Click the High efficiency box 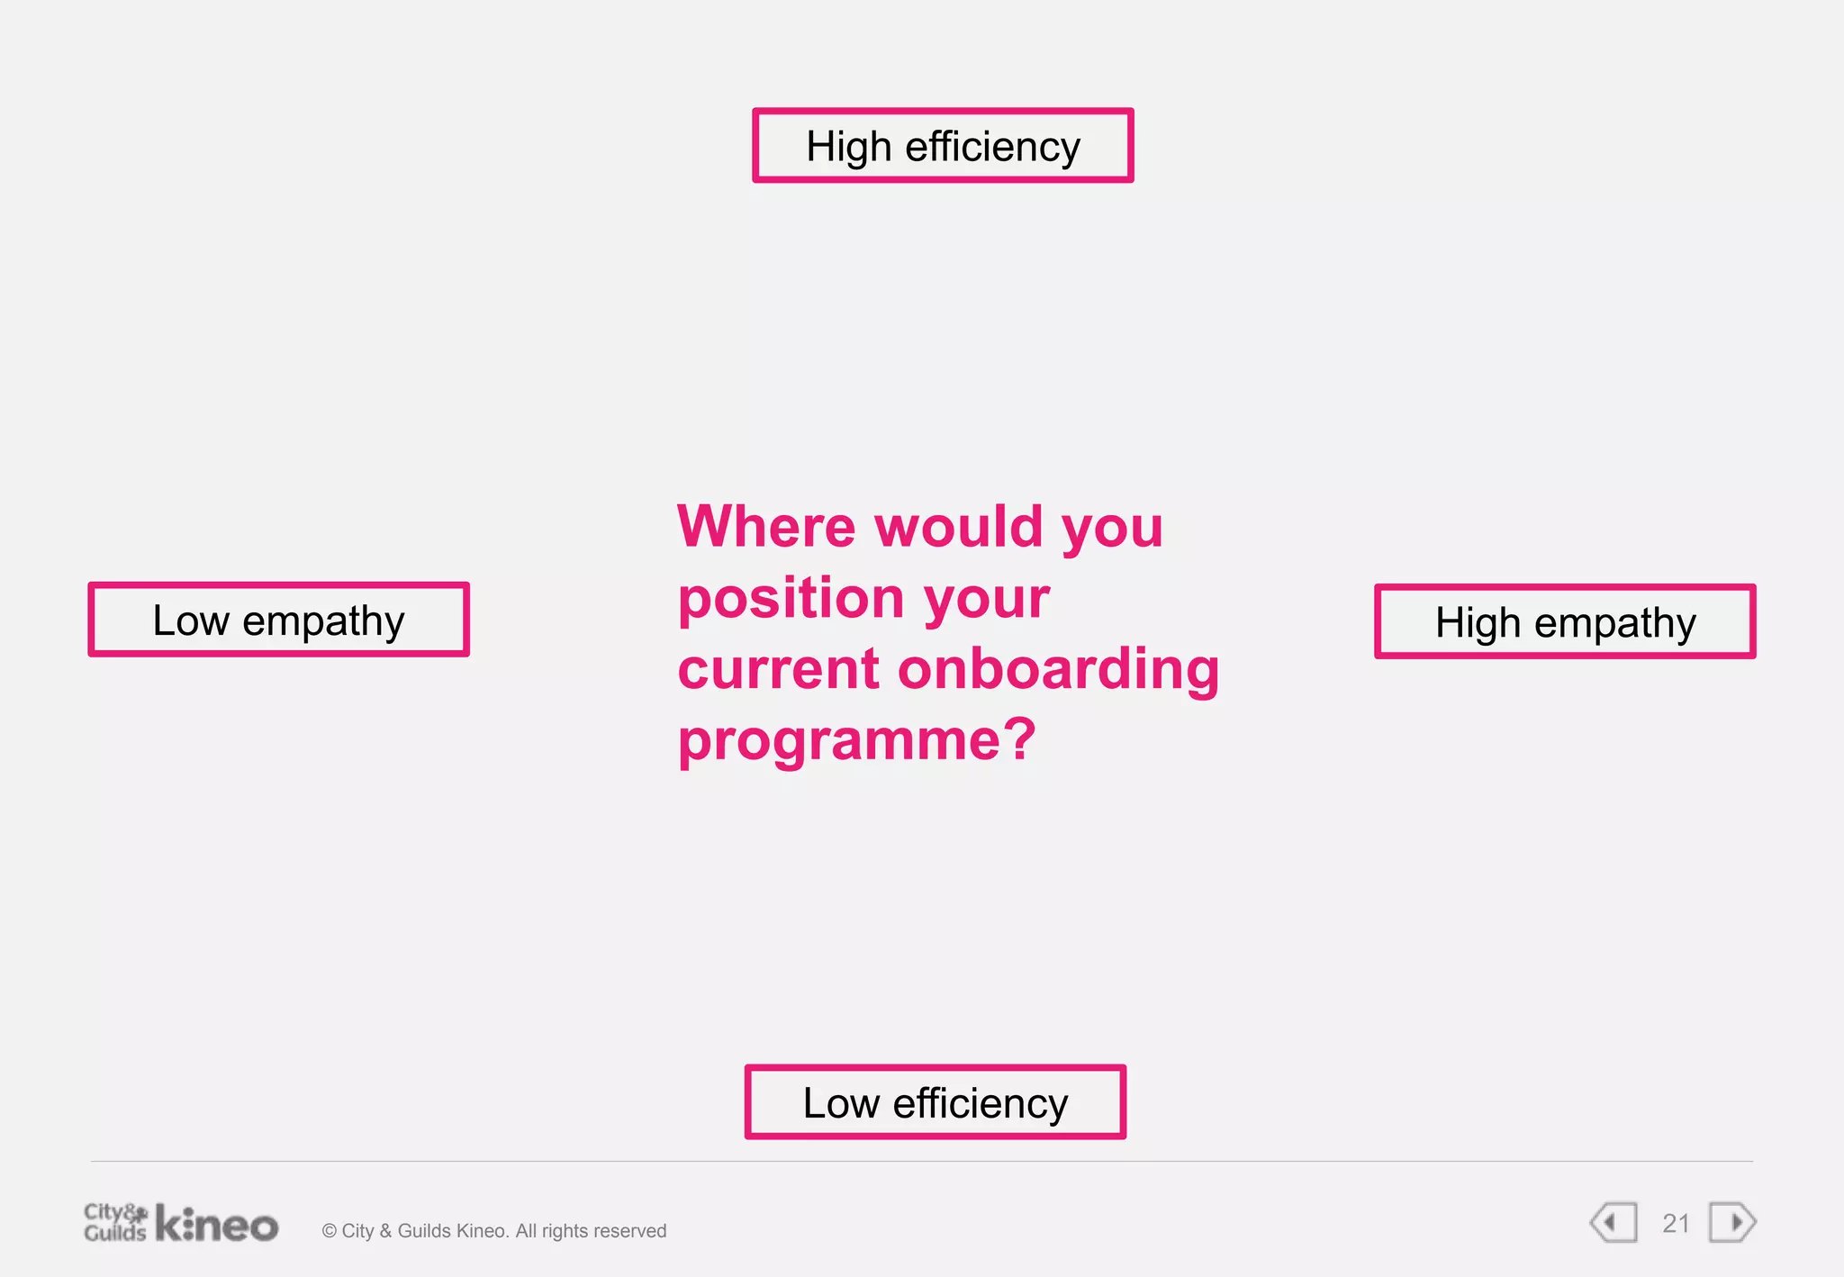pos(943,146)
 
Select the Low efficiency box pos(935,1102)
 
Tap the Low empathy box pos(278,620)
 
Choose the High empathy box pos(1564,621)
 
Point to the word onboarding pos(1058,669)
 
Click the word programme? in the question pos(857,740)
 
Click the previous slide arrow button pos(1613,1223)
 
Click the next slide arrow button pos(1732,1223)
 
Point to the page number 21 pos(1676,1224)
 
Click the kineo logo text pos(217,1225)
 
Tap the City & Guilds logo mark pos(114,1222)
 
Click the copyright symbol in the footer pos(329,1231)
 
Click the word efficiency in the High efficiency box pos(992,147)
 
